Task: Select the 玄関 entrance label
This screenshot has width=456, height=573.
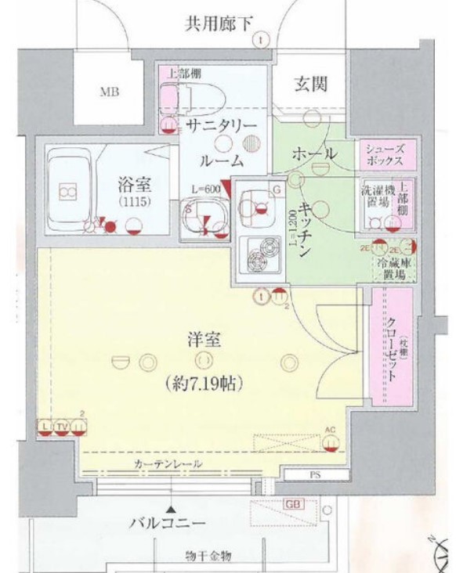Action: click(x=310, y=84)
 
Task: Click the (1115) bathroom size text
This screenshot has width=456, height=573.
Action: click(x=134, y=203)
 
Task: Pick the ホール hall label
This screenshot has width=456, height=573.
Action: click(x=314, y=154)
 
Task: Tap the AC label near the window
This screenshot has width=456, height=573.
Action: click(x=330, y=430)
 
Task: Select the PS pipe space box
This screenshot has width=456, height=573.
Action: click(x=310, y=474)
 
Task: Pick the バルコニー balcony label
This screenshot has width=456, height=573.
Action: click(x=167, y=523)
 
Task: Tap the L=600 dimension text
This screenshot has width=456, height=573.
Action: click(x=206, y=188)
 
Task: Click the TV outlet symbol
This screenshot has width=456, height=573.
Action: click(x=63, y=426)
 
